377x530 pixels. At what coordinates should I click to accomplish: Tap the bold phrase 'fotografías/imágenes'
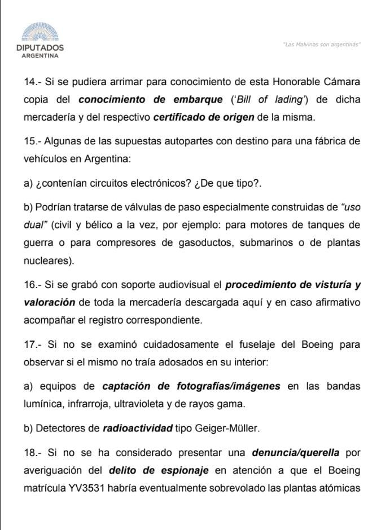[231, 386]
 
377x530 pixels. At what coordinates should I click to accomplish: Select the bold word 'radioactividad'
[137, 428]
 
